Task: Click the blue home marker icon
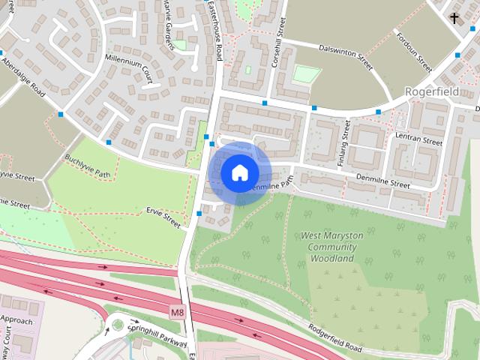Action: tap(238, 173)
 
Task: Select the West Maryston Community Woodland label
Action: tap(331, 247)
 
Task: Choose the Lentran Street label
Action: tap(421, 139)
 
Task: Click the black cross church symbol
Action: tap(454, 17)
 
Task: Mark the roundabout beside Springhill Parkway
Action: tap(116, 325)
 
